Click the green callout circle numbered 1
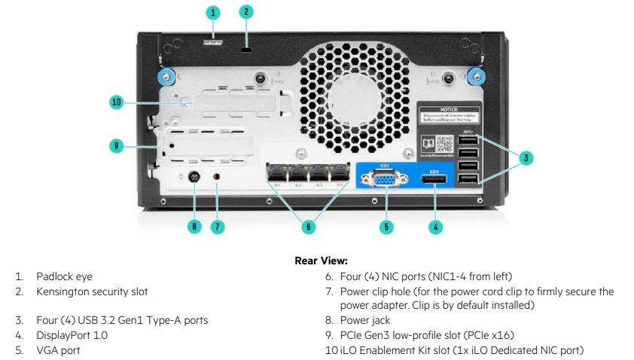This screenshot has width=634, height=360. pos(213,12)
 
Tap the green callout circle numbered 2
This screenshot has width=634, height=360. pos(247,11)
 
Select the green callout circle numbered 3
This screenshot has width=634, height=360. pos(526,157)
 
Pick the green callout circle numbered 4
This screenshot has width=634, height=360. pos(436,225)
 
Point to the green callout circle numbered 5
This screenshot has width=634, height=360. pos(386,225)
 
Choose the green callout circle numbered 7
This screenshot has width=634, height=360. pos(218,225)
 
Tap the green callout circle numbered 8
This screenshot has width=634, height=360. pos(194,225)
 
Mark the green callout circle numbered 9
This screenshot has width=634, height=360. pos(116,145)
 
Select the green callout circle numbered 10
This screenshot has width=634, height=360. pos(116,102)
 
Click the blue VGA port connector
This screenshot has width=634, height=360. pos(385,180)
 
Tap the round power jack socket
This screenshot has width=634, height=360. pos(194,178)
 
